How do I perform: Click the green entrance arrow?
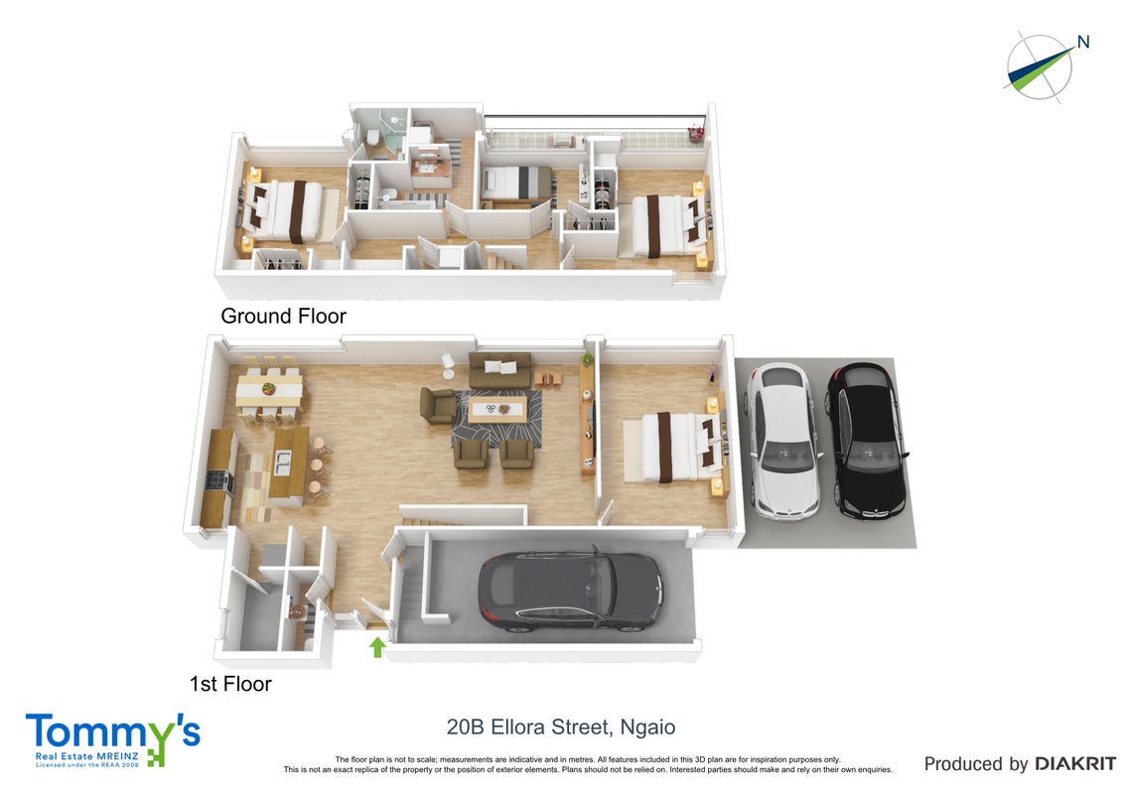point(377,647)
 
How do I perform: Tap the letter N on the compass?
point(1083,43)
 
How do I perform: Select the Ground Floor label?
point(283,316)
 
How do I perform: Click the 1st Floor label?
point(230,684)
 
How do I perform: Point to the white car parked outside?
point(782,440)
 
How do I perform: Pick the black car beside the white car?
point(868,440)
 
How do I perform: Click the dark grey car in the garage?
point(571,591)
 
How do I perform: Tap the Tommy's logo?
point(113,739)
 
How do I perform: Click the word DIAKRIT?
point(1075,764)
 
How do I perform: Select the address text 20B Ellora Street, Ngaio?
point(561,728)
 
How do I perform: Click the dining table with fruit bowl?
point(269,391)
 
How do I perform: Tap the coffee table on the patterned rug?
point(497,410)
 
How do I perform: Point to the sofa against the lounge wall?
point(499,369)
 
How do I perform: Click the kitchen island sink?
point(283,463)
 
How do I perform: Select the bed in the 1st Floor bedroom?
point(674,447)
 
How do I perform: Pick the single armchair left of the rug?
point(437,406)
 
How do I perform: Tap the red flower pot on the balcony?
point(695,133)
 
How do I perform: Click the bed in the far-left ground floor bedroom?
point(287,210)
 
